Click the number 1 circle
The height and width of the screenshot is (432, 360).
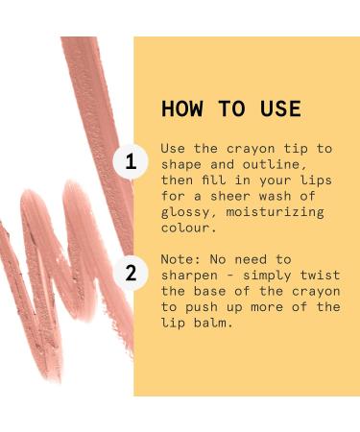point(131,163)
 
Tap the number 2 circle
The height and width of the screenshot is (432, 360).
point(131,274)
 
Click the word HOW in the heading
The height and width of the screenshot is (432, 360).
point(182,108)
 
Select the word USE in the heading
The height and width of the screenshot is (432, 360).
point(280,108)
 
